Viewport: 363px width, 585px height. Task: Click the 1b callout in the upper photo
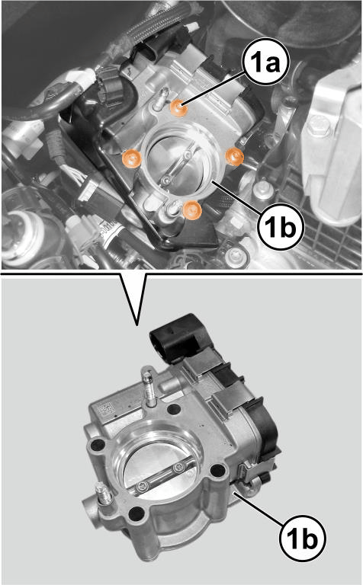pyautogui.click(x=279, y=225)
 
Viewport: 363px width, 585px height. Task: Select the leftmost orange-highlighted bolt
pyautogui.click(x=133, y=158)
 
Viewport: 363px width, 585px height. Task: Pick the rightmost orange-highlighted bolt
pyautogui.click(x=234, y=157)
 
